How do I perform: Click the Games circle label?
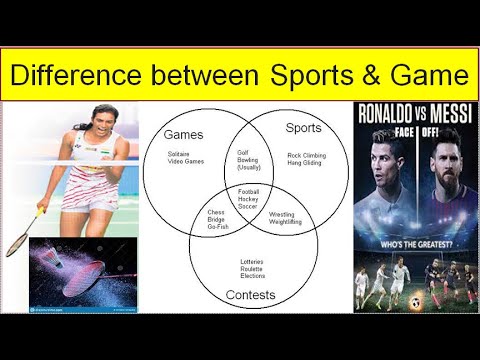(x=184, y=134)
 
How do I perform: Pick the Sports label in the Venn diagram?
(x=304, y=128)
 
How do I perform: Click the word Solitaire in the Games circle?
(x=182, y=154)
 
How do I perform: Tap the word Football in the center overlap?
(x=249, y=190)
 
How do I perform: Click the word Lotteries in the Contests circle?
(x=252, y=262)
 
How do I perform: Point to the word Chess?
(x=216, y=212)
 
